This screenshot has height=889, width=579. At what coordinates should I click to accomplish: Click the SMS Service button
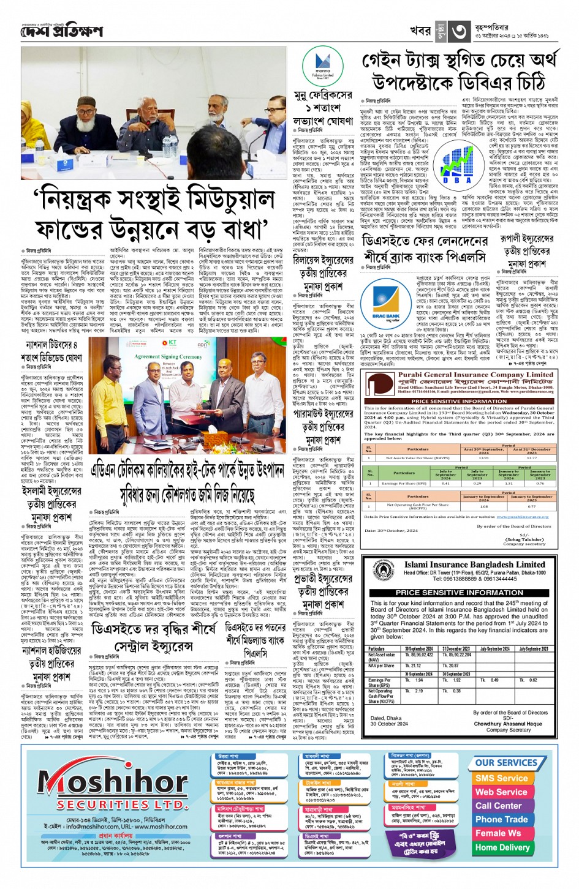tap(501, 778)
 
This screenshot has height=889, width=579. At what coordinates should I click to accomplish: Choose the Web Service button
tap(501, 792)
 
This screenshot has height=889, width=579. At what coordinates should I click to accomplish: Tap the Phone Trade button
tap(501, 819)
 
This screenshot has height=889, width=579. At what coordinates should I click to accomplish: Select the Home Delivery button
tap(502, 847)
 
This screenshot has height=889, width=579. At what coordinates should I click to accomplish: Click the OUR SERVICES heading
tap(506, 763)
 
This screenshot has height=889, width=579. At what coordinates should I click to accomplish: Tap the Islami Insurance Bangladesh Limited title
tap(474, 565)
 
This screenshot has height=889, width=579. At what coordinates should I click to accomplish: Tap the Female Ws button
tap(498, 833)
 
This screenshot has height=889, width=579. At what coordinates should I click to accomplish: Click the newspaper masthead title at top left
tap(62, 31)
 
